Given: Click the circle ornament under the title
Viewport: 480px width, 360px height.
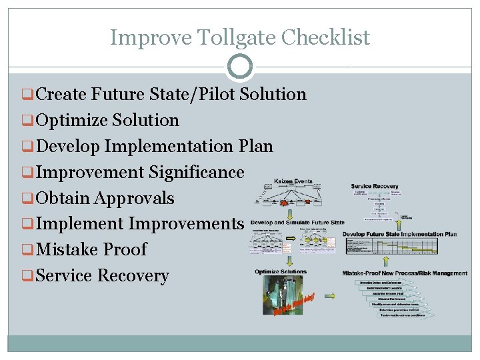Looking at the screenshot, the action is tap(240, 66).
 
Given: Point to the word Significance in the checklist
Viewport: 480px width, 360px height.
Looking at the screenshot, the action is tap(197, 172).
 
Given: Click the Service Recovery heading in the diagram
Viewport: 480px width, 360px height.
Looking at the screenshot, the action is tap(375, 186).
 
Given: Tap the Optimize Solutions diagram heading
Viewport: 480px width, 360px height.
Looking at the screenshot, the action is tap(280, 272).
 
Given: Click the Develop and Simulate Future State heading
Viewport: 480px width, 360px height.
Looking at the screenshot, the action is tap(297, 223).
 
